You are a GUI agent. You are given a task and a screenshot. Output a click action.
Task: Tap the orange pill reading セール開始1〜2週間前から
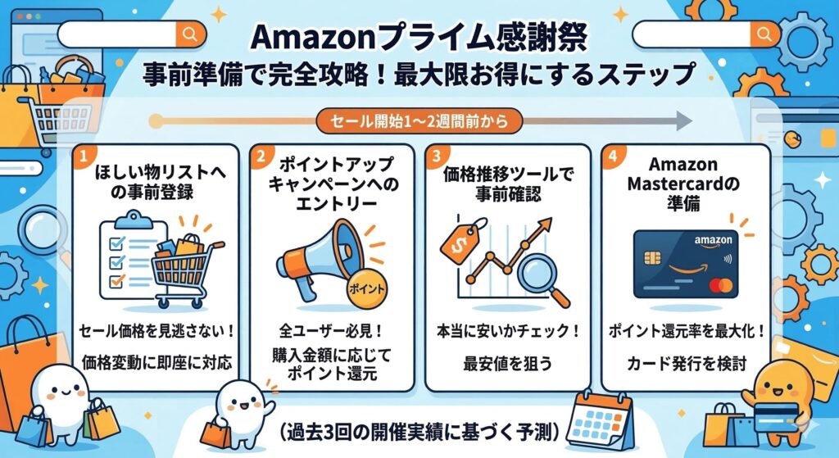pyautogui.click(x=419, y=121)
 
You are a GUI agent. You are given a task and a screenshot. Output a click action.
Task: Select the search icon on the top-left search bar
pyautogui.click(x=189, y=34)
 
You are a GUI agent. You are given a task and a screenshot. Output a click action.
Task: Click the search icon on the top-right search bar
pyautogui.click(x=765, y=34)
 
